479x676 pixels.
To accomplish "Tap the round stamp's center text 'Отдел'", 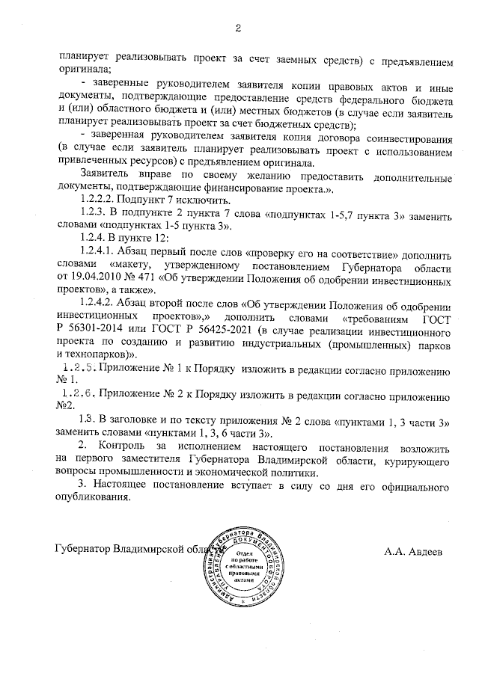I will [239, 552].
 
